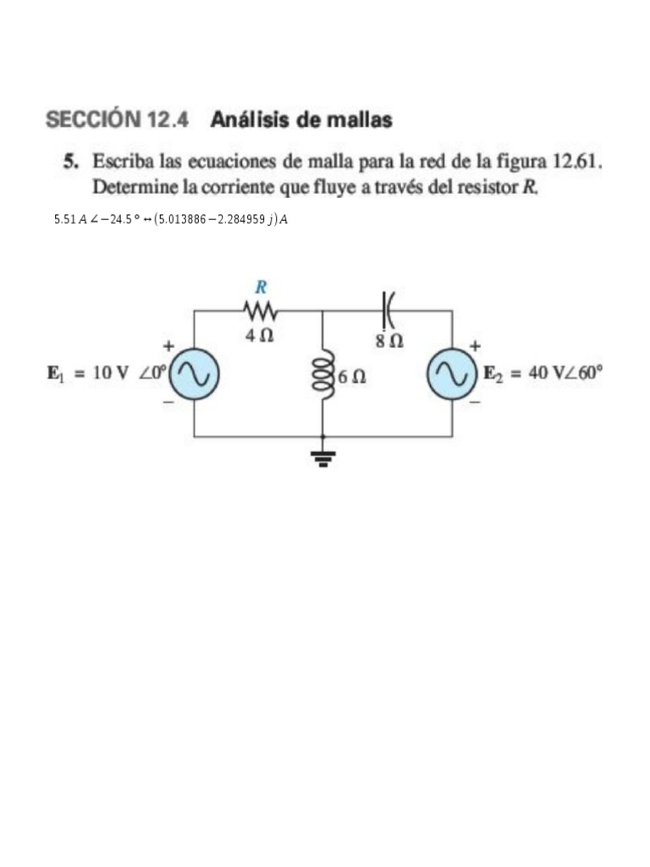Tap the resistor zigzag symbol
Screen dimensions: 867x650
[260, 310]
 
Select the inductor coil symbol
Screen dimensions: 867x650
[322, 373]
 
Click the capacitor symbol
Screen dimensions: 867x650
[388, 310]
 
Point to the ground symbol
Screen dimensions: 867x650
[322, 459]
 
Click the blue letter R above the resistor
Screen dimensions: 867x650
[262, 287]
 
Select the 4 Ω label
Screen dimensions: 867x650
[259, 335]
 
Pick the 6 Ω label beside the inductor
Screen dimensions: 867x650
[351, 377]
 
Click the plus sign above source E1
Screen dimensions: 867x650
[169, 346]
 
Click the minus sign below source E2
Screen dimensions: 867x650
[475, 401]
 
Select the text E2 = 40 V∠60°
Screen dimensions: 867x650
[542, 373]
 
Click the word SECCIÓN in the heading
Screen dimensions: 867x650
[93, 120]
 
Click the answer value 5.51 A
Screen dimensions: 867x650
[70, 219]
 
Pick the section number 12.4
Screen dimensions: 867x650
[168, 120]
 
